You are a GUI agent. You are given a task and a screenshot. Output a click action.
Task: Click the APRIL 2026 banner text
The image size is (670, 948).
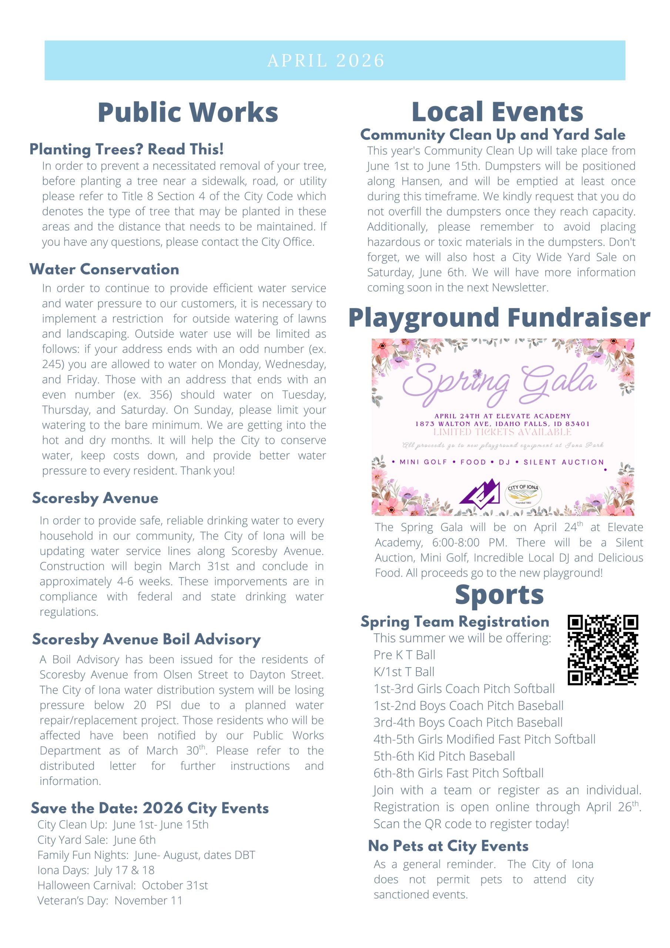(326, 61)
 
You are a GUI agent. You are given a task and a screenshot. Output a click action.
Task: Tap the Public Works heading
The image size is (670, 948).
(188, 112)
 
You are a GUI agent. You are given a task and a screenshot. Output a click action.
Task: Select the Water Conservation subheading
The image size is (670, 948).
(104, 269)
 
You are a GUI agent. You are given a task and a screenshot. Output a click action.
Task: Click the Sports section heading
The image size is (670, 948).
(499, 595)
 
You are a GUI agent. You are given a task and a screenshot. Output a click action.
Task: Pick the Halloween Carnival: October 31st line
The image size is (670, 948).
(123, 885)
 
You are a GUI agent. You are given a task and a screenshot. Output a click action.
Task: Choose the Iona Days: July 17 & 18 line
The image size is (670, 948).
(96, 870)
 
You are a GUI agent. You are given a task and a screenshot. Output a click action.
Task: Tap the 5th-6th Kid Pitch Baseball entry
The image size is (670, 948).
(444, 756)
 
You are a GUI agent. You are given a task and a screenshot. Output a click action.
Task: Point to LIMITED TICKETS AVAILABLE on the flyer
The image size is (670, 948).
(502, 432)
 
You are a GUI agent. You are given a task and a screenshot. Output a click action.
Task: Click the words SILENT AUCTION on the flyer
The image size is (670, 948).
(563, 462)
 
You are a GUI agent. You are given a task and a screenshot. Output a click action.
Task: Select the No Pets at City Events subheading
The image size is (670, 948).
(448, 846)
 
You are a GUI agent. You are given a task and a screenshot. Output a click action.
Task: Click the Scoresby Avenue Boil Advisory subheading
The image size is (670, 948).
(146, 639)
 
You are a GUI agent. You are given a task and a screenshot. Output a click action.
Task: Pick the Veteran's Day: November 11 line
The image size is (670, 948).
(110, 901)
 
